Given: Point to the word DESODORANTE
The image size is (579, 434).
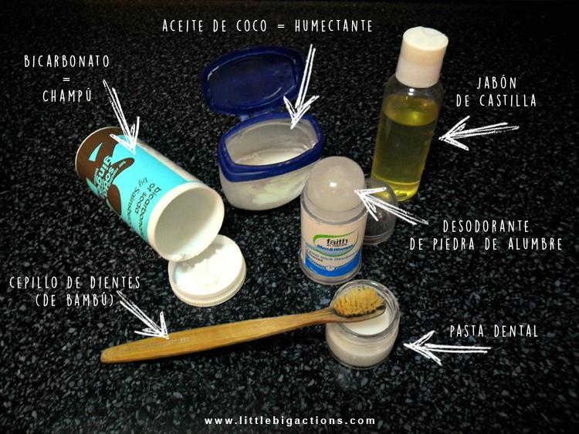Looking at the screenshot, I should click(x=496, y=227).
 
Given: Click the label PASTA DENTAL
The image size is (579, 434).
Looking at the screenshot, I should click(x=494, y=332).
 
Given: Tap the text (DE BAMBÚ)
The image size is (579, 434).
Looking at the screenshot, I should click(x=76, y=301).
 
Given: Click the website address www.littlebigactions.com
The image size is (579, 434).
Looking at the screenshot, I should click(x=289, y=421).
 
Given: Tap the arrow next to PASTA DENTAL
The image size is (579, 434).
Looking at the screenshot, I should click(x=445, y=348).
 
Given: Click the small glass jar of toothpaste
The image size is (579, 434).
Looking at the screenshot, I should click(x=361, y=339).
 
